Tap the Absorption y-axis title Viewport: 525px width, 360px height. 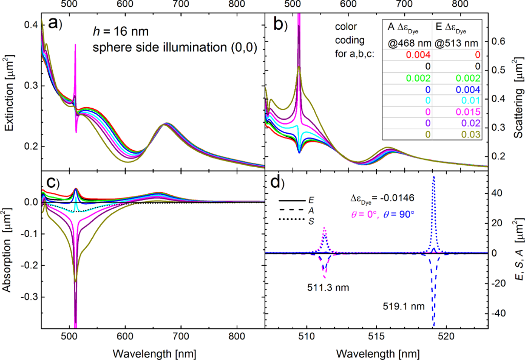click(x=9, y=265)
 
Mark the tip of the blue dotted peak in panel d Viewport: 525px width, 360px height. click(x=434, y=177)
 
